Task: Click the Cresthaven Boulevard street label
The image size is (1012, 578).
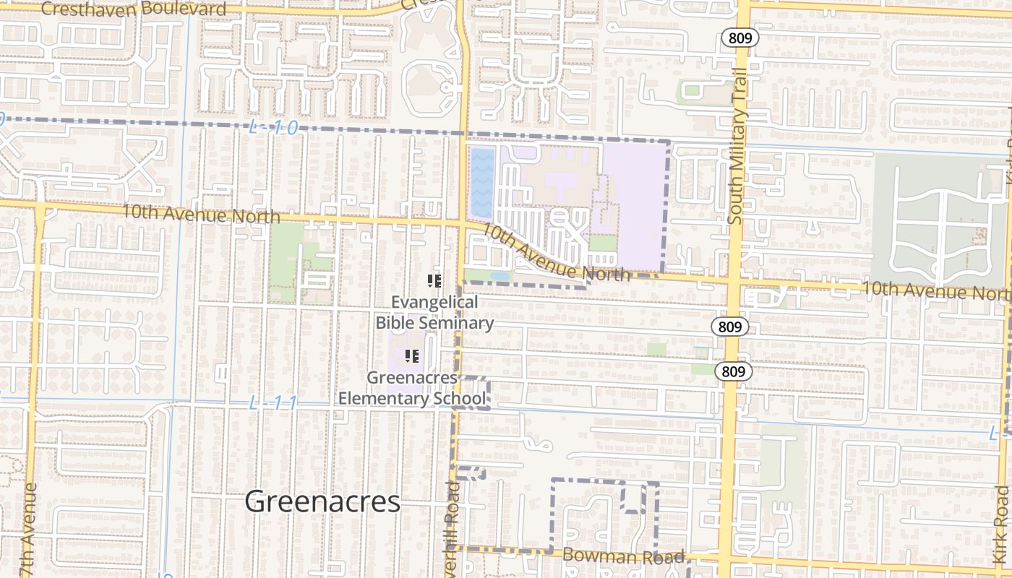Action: (x=134, y=9)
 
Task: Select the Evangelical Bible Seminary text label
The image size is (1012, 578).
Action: (x=434, y=312)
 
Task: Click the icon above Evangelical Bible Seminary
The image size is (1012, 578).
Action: (x=434, y=281)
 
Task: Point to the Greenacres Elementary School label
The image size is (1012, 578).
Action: (x=412, y=388)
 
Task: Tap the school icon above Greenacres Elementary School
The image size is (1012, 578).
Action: (x=413, y=355)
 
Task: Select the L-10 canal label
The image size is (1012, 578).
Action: (x=273, y=128)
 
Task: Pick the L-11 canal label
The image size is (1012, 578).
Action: (x=273, y=403)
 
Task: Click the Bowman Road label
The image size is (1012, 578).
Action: (x=623, y=556)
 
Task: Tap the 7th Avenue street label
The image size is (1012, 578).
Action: (x=30, y=527)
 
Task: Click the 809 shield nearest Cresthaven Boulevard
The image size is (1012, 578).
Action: (x=740, y=38)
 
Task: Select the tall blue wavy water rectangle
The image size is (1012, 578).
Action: (x=482, y=183)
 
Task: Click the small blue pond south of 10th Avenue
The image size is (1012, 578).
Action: (x=499, y=276)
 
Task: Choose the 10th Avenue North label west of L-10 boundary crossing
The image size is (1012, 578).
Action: (x=200, y=214)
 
